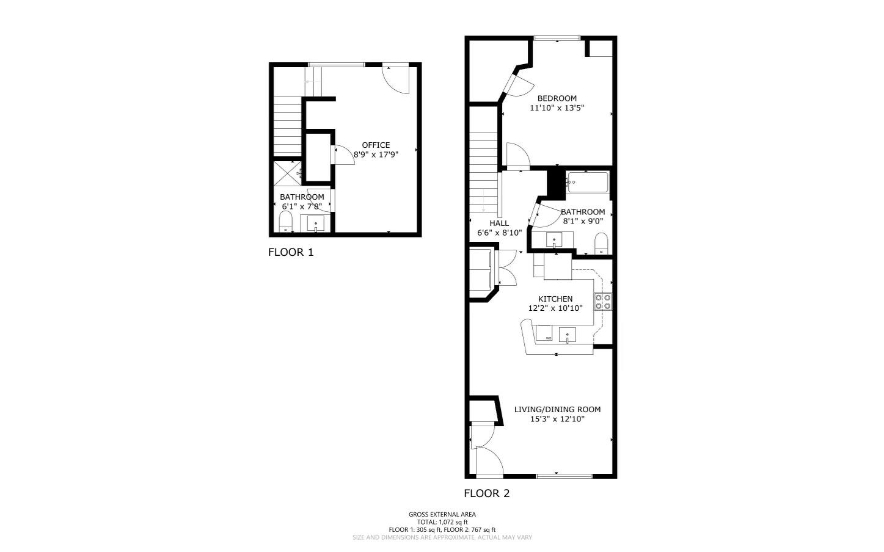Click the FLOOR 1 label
[x=291, y=252]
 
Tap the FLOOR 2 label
[x=486, y=493]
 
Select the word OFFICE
[x=376, y=145]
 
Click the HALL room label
[x=499, y=223]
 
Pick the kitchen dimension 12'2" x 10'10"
[x=555, y=308]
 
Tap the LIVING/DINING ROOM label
[x=557, y=410]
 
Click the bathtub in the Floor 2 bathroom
[x=588, y=182]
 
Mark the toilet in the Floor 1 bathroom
[x=286, y=223]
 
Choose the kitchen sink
[x=568, y=334]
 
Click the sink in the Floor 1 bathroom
[x=315, y=223]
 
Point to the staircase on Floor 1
[x=287, y=128]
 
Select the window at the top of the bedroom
[x=557, y=38]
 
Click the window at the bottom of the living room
[x=563, y=476]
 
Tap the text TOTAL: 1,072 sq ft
[x=442, y=522]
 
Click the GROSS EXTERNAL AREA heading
[x=442, y=514]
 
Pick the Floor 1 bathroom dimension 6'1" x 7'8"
[x=302, y=206]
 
